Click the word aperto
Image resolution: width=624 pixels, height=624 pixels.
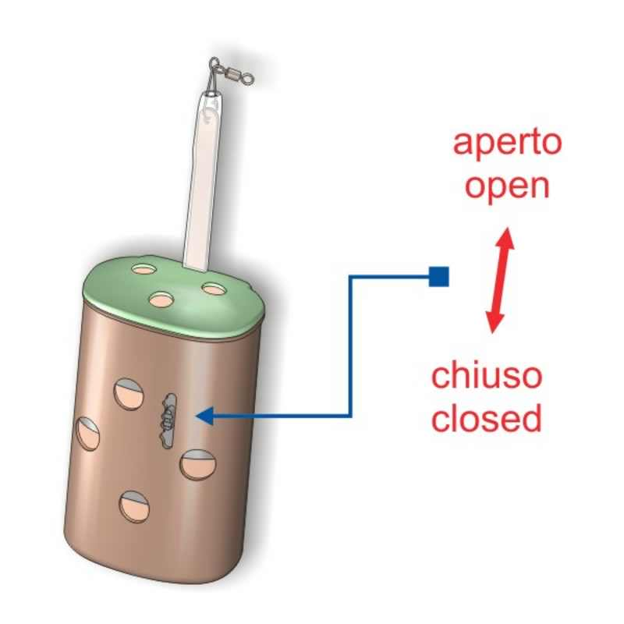508,144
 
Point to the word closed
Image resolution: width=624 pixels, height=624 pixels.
487,419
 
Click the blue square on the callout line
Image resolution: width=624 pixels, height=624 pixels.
439,275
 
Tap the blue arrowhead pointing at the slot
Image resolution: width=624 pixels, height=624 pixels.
204,417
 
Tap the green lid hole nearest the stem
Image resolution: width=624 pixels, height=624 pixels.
144,270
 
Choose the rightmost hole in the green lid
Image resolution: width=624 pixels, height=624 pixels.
212,289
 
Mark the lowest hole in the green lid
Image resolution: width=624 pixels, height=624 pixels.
162,299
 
